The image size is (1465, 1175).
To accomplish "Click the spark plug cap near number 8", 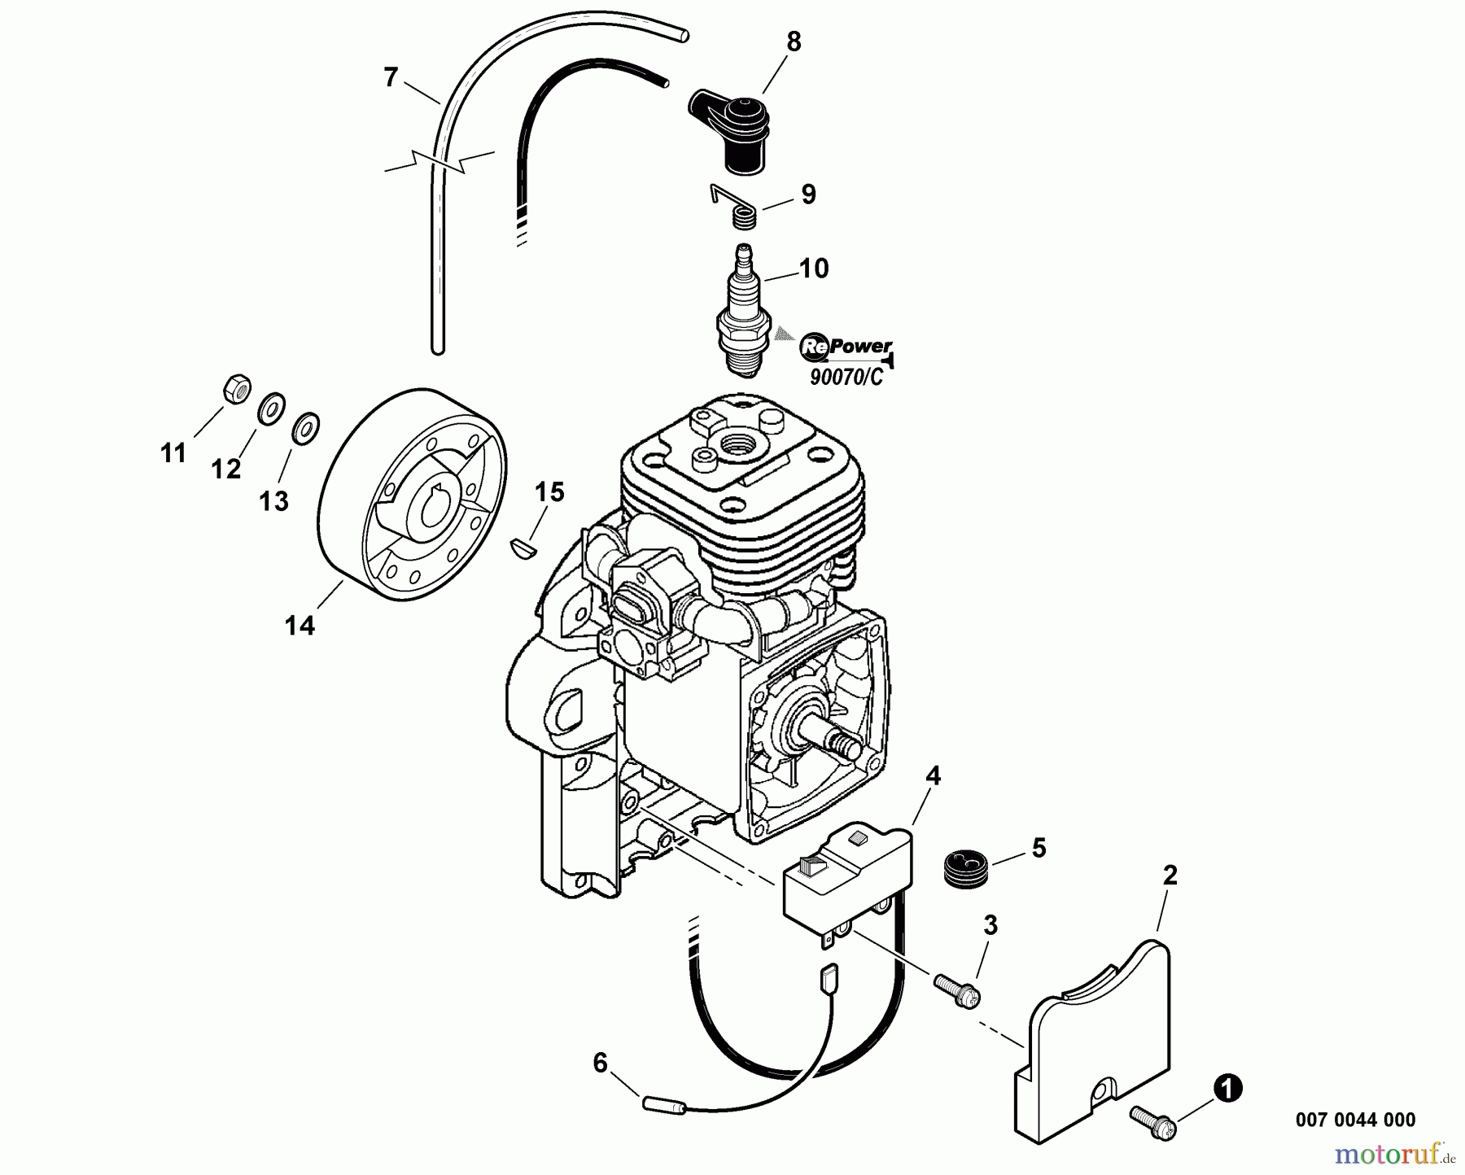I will tap(732, 130).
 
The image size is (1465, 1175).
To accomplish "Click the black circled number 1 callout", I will tap(1227, 1089).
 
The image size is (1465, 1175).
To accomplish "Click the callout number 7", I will tap(391, 78).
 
